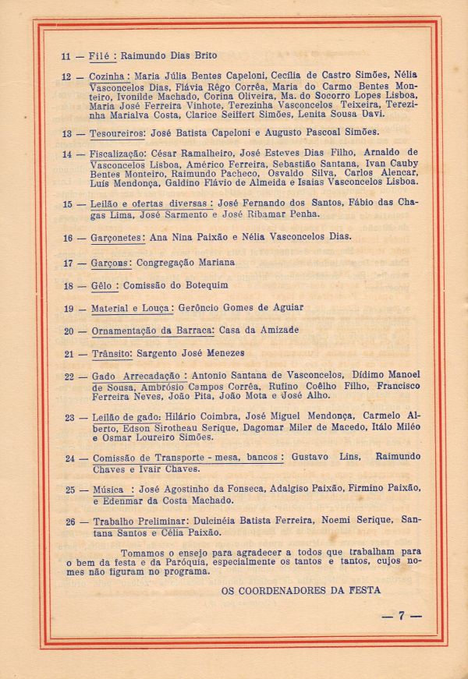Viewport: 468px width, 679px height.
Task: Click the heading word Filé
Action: coord(101,56)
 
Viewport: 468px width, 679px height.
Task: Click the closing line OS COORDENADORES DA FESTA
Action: coord(301,590)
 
